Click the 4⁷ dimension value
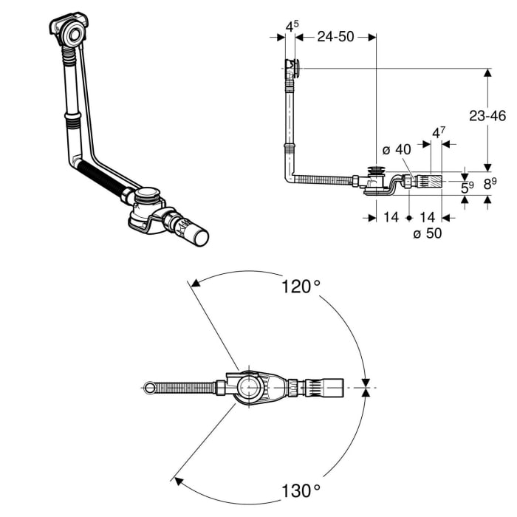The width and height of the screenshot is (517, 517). pyautogui.click(x=438, y=134)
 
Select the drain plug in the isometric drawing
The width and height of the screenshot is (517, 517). pyautogui.click(x=149, y=196)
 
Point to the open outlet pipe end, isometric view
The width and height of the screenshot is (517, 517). pyautogui.click(x=200, y=238)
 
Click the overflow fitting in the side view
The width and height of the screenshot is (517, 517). pyautogui.click(x=293, y=69)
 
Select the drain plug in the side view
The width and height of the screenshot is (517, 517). pyautogui.click(x=377, y=172)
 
